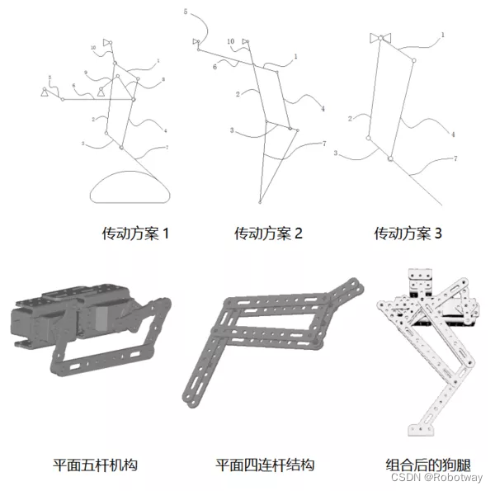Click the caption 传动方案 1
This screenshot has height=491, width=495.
(135, 234)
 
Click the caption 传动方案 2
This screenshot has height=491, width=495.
(268, 234)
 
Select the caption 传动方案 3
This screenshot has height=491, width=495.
(408, 234)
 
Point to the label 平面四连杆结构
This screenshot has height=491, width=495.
(265, 465)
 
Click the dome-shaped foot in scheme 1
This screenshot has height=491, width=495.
(130, 187)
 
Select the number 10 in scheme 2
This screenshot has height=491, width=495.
(230, 40)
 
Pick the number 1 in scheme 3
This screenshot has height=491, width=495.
(442, 35)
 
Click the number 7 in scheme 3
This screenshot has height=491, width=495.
(455, 158)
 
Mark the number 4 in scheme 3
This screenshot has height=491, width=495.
(452, 134)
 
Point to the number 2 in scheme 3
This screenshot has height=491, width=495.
(351, 119)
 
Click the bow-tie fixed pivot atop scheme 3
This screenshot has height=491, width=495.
(379, 38)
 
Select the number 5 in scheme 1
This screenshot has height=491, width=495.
(49, 78)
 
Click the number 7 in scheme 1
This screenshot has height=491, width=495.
(167, 147)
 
